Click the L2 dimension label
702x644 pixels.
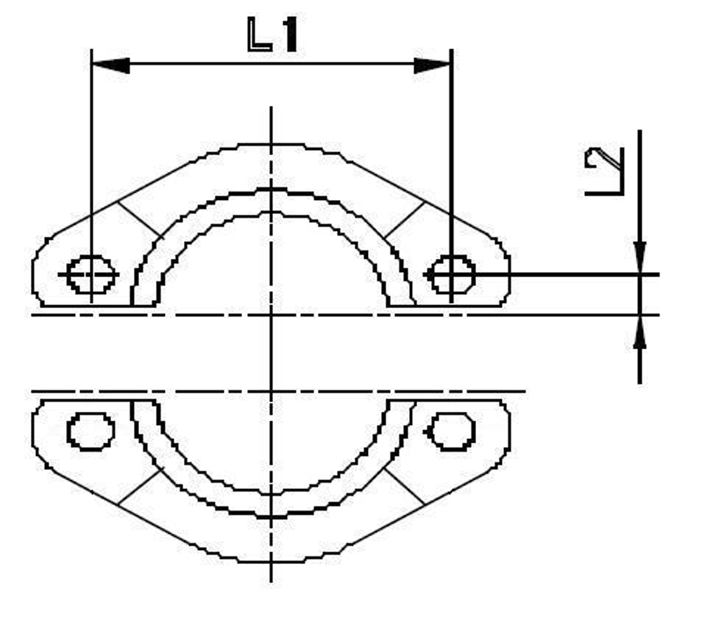tap(605, 170)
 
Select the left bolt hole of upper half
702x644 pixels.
tap(91, 274)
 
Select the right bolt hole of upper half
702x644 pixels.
tap(452, 274)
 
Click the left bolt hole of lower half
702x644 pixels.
tap(91, 431)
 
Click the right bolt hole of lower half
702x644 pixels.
tap(452, 431)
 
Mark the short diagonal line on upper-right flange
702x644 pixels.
tap(405, 219)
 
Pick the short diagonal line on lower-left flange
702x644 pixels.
tap(139, 485)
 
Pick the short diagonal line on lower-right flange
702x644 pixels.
tap(404, 485)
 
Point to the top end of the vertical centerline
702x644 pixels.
tap(271, 108)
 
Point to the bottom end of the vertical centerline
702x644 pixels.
tap(271, 581)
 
